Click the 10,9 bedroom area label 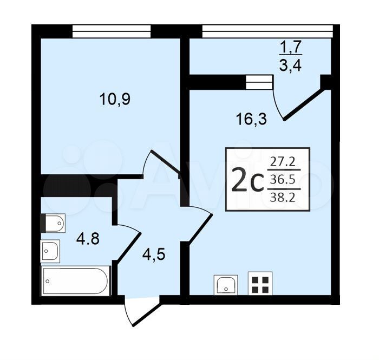click(115, 99)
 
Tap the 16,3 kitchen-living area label click(252, 119)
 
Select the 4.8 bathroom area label click(88, 239)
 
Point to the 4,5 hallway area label click(154, 254)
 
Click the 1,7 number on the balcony click(291, 47)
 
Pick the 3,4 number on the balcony click(291, 65)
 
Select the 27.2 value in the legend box click(283, 162)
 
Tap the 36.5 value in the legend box click(283, 179)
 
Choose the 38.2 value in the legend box click(283, 198)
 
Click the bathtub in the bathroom click(76, 281)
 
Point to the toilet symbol click(53, 223)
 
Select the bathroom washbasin click(50, 251)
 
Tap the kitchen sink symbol click(226, 285)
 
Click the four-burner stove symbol click(260, 284)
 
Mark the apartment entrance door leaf click(146, 314)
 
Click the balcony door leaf click(304, 105)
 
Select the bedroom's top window click(112, 31)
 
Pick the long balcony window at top click(267, 31)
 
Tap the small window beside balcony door click(259, 82)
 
